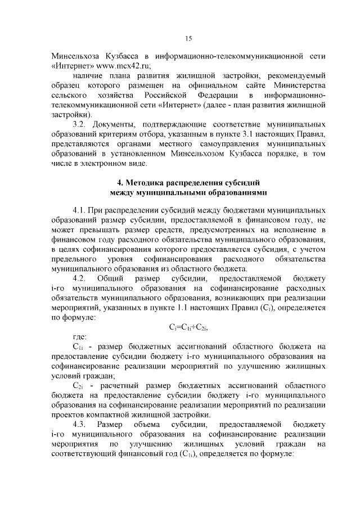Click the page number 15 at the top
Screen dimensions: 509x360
[x=188, y=38]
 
